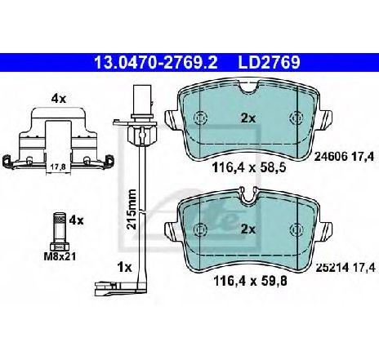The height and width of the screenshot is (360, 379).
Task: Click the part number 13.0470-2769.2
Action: pos(155,62)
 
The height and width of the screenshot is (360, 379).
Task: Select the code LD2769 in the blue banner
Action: pos(269,62)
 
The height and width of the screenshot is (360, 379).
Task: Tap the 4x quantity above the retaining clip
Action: pos(59,99)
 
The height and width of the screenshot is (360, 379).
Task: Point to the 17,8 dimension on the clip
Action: pos(59,167)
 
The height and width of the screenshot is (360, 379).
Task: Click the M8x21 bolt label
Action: pos(60,256)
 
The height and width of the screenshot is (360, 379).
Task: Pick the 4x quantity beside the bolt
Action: pos(76,220)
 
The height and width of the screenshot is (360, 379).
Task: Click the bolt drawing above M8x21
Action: pos(59,231)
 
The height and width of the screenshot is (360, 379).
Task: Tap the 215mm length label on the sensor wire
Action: pos(132,210)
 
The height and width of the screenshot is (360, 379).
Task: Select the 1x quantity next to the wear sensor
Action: pos(124,268)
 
